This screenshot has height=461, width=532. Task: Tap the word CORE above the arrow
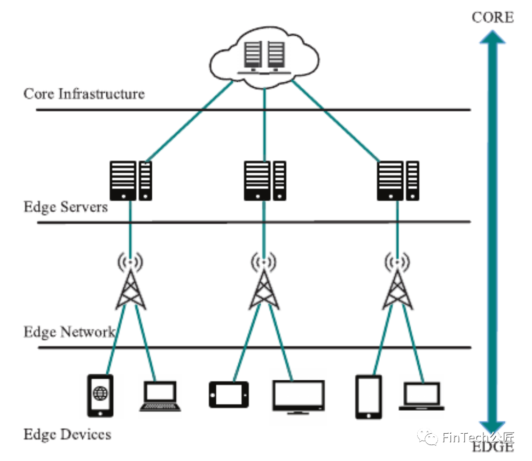pos(492,18)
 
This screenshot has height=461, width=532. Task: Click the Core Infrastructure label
pos(84,94)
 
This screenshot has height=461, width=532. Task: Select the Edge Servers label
pos(66,206)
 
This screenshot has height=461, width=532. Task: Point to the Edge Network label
pos(69,332)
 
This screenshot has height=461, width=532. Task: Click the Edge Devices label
pos(67,434)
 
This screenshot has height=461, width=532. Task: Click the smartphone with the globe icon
pos(100,395)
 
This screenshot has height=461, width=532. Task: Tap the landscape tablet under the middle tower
pos(229,394)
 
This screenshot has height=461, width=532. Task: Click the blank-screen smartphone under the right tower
pos(369,397)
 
